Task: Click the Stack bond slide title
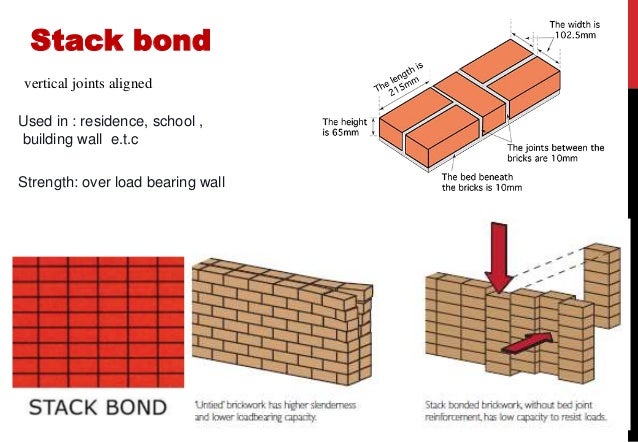(x=119, y=42)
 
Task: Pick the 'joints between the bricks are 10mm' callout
(x=555, y=153)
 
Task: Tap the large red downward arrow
(x=497, y=261)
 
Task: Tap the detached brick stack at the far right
(x=601, y=275)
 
